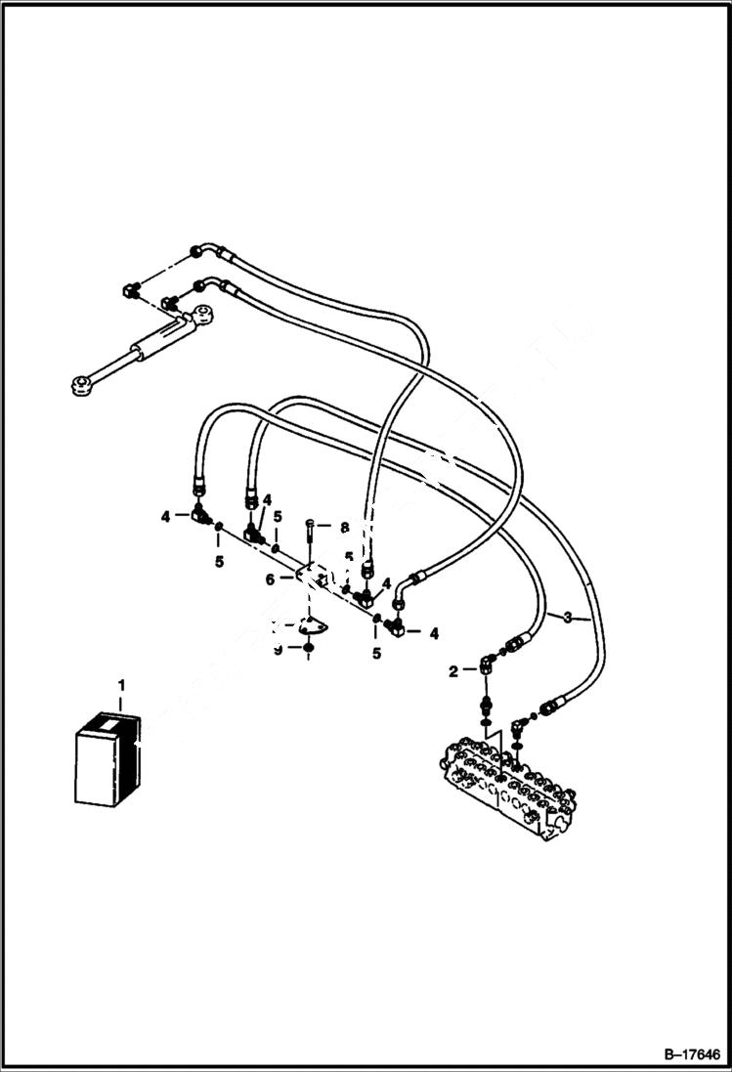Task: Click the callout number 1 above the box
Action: (x=121, y=680)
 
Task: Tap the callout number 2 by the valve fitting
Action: (x=452, y=670)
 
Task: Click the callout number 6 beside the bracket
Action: (x=269, y=579)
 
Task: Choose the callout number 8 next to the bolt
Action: (x=343, y=527)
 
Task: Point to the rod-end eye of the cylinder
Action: (x=81, y=384)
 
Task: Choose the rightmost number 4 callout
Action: (x=433, y=632)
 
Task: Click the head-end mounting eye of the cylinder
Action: (x=201, y=314)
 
